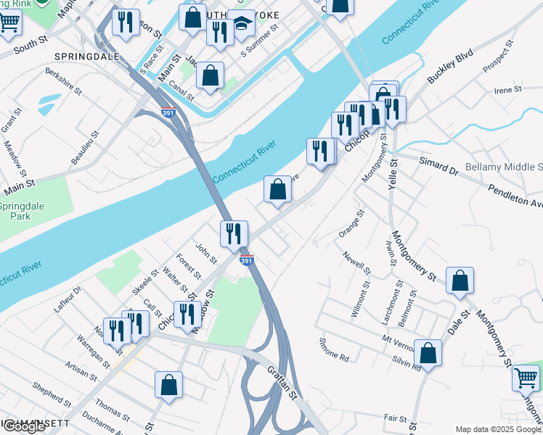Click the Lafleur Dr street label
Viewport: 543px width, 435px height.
68,299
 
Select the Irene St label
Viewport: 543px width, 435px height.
508,91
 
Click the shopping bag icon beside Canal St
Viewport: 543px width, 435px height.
210,75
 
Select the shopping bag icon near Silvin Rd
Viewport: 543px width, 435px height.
428,353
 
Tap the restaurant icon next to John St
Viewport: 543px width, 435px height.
234,233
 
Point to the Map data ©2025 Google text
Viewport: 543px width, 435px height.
498,429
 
